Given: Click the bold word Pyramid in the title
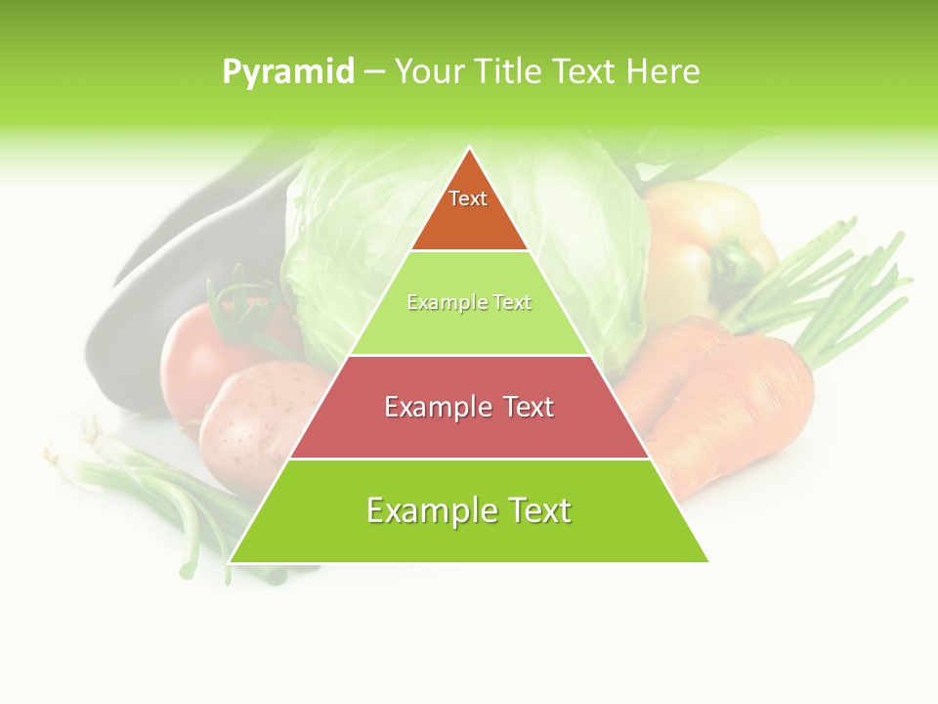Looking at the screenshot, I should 288,72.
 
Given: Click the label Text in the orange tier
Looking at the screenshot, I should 468,198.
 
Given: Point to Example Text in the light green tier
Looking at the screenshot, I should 469,303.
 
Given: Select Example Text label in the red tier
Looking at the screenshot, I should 469,407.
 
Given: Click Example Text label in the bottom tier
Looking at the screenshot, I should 469,510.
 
